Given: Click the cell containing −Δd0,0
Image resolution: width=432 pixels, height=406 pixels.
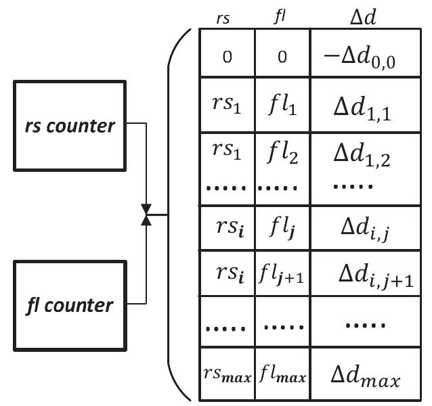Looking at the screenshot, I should [x=364, y=58].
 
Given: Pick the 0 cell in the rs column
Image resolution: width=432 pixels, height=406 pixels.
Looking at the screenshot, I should [x=227, y=58].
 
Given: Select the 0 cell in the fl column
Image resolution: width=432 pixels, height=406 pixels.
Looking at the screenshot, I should [x=282, y=58].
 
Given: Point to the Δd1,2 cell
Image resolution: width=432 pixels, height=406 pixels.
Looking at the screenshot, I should [x=364, y=156].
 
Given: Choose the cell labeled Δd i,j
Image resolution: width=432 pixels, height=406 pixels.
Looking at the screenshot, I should [x=364, y=229].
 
